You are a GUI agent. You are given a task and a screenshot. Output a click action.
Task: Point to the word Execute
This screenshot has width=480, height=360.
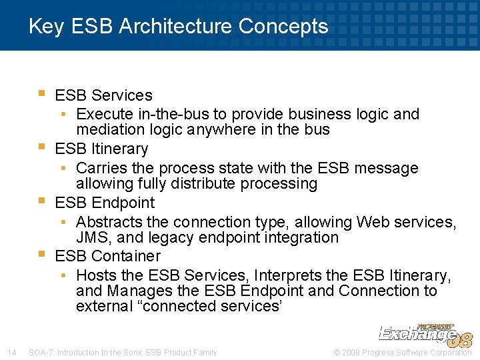pos(104,114)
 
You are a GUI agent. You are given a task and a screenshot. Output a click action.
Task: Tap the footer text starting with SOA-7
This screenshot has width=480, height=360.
pos(123,352)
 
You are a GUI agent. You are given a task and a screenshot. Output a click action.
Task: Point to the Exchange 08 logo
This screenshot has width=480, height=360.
pos(425,334)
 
